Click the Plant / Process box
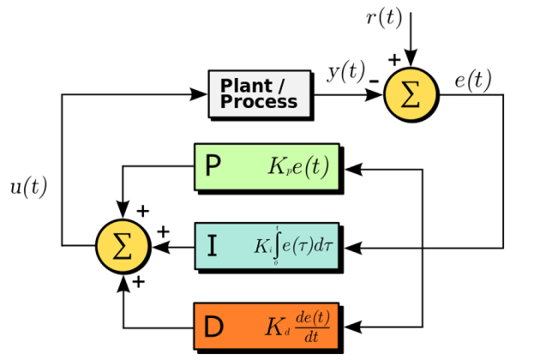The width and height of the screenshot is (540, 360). [x=259, y=93]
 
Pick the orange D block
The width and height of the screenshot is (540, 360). [x=267, y=327]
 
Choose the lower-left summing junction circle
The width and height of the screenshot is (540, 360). [x=123, y=246]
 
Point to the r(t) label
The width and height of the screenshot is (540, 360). [x=384, y=18]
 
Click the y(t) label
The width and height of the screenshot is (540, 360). [x=346, y=74]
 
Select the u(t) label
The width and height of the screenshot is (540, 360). [x=28, y=188]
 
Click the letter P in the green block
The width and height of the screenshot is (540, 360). [x=213, y=165]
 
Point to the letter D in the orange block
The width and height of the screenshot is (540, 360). [x=213, y=327]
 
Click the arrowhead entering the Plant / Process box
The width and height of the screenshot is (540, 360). [x=200, y=93]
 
